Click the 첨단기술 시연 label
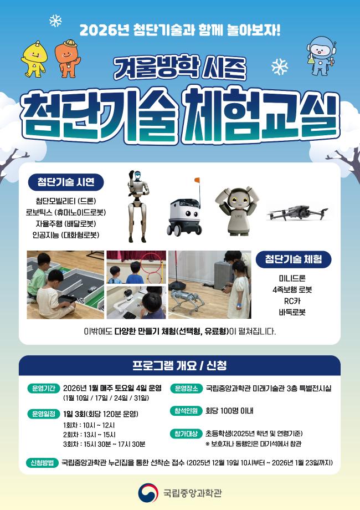[66, 182]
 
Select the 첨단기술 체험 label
[294, 259]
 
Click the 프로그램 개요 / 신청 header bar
[179, 366]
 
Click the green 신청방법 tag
[42, 462]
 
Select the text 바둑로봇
[292, 312]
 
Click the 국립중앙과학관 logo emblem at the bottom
[146, 492]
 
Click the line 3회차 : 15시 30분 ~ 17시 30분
[104, 444]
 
